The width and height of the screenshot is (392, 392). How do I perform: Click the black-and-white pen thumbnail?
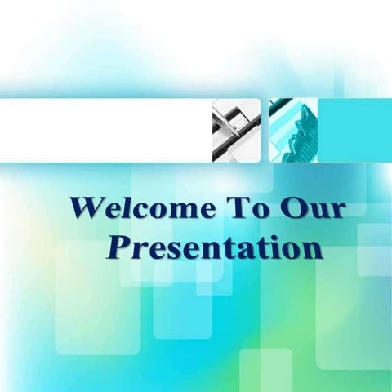click(x=236, y=130)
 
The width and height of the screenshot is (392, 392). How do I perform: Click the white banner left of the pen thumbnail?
click(x=106, y=130)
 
